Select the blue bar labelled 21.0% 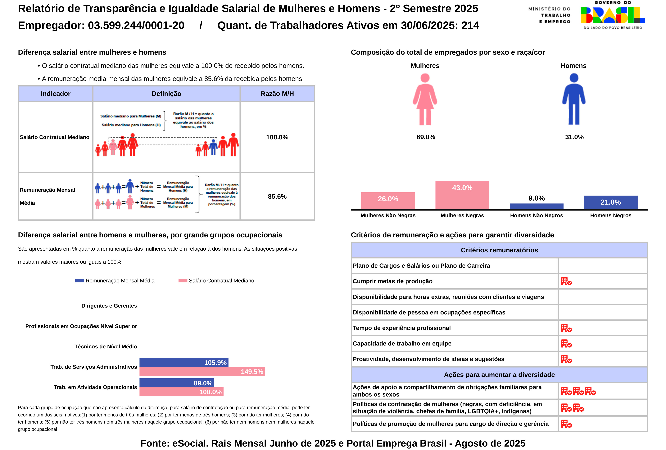click(610, 202)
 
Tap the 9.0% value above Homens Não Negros click(537, 198)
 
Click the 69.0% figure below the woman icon click(426, 137)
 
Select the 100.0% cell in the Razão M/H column click(277, 137)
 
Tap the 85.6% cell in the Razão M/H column click(277, 197)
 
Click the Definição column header click(166, 94)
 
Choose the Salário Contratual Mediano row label click(54, 137)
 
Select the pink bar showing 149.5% click(202, 371)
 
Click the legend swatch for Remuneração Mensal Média click(79, 281)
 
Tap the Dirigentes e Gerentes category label click(109, 306)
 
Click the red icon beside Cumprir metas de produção click(566, 281)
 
